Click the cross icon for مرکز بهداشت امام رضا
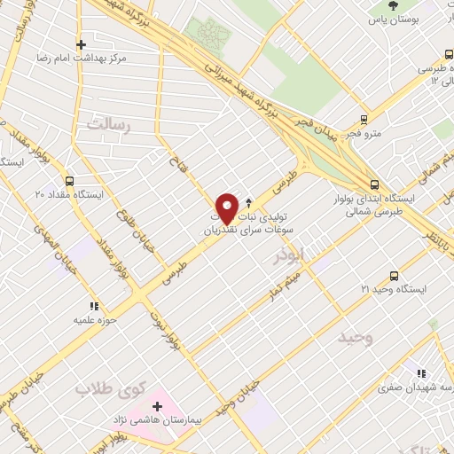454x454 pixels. pyautogui.click(x=81, y=44)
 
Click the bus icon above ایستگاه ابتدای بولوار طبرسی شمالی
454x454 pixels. pyautogui.click(x=374, y=184)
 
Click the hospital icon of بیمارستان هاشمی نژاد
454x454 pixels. pyautogui.click(x=158, y=405)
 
